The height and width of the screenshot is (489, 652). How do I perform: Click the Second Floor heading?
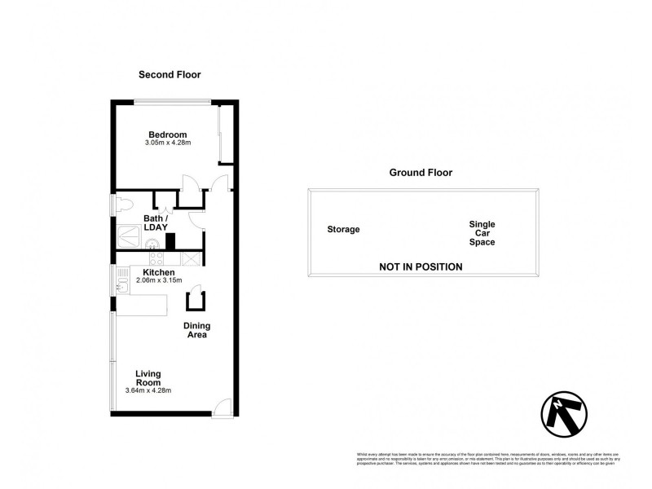coord(170,75)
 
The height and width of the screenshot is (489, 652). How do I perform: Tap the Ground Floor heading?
coord(421,173)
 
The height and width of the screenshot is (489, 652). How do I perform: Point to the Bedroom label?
coord(167,134)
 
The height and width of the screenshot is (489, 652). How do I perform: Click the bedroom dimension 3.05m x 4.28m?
coord(167,144)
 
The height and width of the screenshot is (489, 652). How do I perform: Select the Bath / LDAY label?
coord(156,223)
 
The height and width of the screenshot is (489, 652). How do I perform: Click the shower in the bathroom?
coord(128,235)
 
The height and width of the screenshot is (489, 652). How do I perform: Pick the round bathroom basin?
coord(151,243)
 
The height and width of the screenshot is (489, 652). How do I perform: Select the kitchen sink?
coord(121,284)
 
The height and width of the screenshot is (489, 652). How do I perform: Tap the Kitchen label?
coord(158,272)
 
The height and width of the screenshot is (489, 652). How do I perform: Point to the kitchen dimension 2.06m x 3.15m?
coord(159,281)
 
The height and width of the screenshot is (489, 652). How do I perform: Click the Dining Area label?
coord(196,330)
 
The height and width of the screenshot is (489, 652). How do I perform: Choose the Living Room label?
coord(148,378)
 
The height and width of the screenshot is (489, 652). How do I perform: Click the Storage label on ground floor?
coord(343,230)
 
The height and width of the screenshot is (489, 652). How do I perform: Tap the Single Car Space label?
coord(482,233)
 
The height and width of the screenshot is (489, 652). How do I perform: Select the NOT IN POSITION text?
coord(421,267)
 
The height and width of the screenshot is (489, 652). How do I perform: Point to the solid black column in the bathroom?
coord(170,241)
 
